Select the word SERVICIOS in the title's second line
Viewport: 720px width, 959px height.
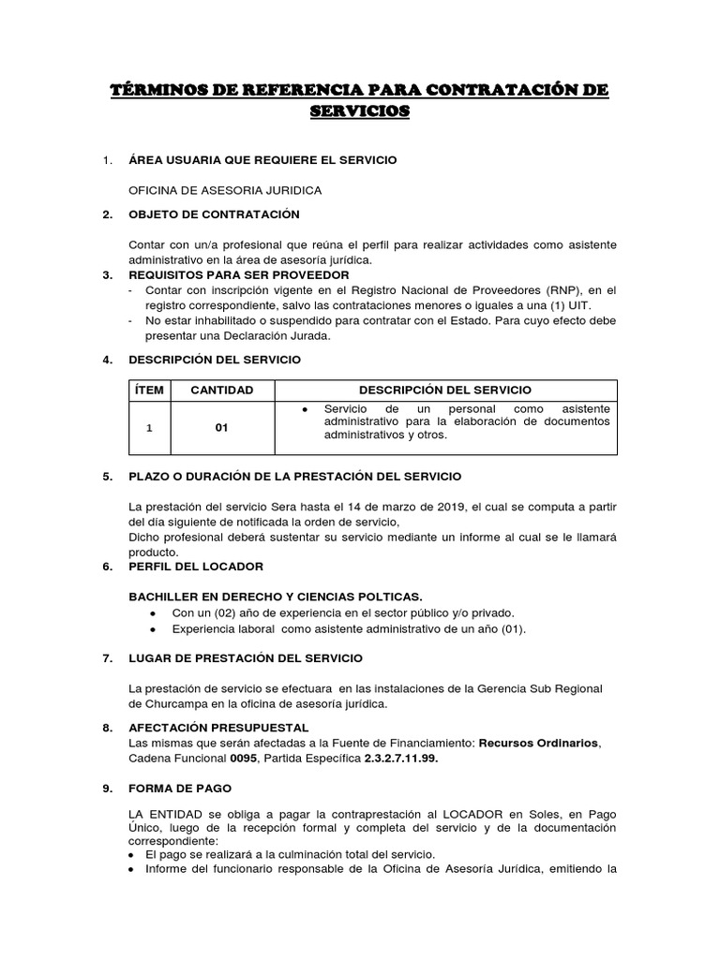click(360, 111)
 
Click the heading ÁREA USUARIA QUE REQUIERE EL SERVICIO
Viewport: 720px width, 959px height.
click(262, 160)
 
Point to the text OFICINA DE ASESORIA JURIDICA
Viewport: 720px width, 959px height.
click(225, 190)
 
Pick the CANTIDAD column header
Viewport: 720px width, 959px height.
click(222, 390)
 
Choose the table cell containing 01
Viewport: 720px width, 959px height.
click(222, 428)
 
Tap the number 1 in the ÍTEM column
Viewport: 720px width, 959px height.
click(148, 428)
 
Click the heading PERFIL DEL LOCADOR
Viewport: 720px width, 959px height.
click(196, 567)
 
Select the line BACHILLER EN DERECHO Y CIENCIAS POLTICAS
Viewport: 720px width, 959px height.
click(276, 597)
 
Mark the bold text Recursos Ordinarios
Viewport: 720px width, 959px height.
click(538, 744)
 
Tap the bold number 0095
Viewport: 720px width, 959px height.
click(246, 759)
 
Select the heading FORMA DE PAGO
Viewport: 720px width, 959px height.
click(180, 789)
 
